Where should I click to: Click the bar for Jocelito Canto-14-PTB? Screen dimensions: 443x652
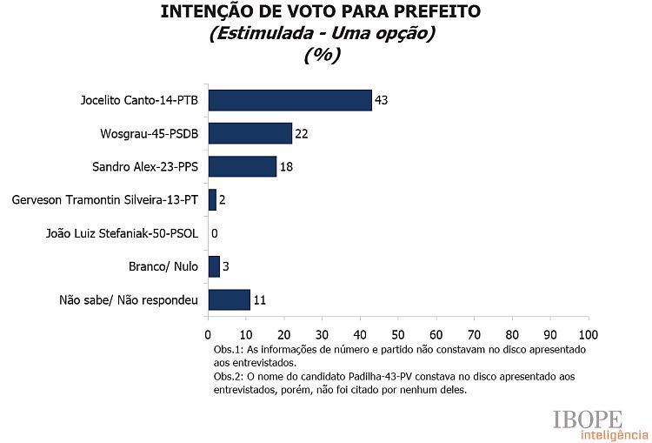point(289,100)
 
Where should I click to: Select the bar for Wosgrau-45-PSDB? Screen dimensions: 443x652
point(249,133)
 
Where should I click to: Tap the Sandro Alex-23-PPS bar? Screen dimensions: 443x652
point(242,166)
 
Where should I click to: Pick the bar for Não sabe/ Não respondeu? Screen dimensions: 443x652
point(229,300)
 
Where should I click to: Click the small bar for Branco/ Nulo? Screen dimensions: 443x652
point(214,266)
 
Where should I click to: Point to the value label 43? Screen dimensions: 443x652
point(381,100)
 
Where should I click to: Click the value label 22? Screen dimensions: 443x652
point(302,133)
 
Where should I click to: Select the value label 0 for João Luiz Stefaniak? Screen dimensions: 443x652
point(214,233)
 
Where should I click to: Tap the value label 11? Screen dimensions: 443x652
point(259,300)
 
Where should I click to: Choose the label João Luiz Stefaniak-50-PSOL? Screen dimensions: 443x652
point(122,233)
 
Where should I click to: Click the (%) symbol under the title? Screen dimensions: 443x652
point(322,54)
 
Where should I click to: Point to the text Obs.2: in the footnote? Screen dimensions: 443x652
point(229,376)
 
